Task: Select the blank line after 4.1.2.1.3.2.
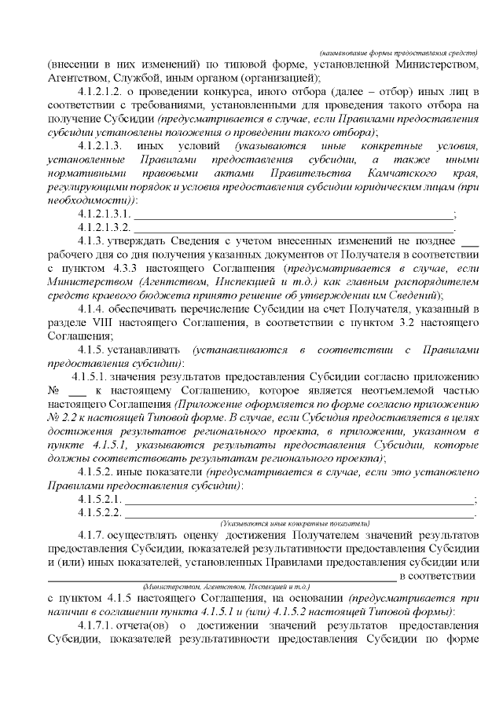point(296,228)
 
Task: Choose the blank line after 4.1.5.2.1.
point(299,500)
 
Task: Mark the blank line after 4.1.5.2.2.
point(299,514)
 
